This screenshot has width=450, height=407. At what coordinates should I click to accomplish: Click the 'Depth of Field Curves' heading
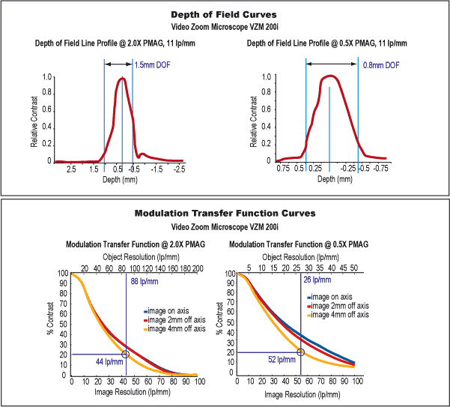[225, 14]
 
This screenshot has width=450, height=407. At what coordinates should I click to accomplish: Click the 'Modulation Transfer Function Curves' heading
[225, 214]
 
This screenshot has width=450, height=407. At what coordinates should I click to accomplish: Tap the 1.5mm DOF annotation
[151, 65]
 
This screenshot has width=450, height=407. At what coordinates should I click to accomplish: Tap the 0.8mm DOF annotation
[380, 65]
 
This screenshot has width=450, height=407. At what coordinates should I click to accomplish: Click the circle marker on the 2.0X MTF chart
[125, 354]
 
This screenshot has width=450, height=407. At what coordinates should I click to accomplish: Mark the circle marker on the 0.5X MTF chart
[300, 352]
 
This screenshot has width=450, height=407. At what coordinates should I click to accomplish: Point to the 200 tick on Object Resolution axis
[198, 268]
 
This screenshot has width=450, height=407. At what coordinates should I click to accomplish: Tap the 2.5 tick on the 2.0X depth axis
[72, 169]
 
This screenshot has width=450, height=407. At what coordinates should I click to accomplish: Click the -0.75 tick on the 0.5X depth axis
[380, 169]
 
